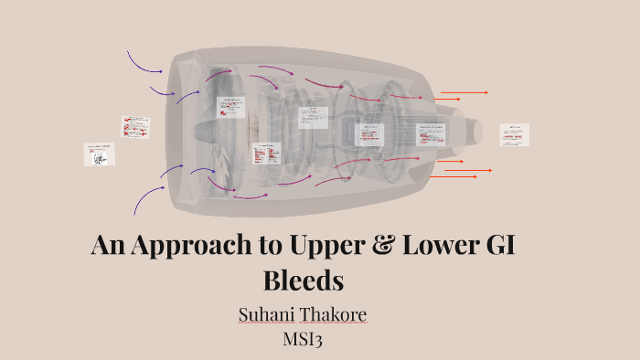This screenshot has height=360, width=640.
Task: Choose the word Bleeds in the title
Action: click(303, 279)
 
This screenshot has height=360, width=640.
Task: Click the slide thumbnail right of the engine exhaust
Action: click(514, 134)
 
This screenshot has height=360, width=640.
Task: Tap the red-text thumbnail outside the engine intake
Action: click(135, 126)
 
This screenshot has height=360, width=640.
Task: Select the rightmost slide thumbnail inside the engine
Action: click(431, 134)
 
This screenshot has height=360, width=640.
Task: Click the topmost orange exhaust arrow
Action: click(464, 92)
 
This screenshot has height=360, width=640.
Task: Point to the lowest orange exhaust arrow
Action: click(457, 176)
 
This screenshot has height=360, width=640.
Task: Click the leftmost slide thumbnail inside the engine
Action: click(230, 107)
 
